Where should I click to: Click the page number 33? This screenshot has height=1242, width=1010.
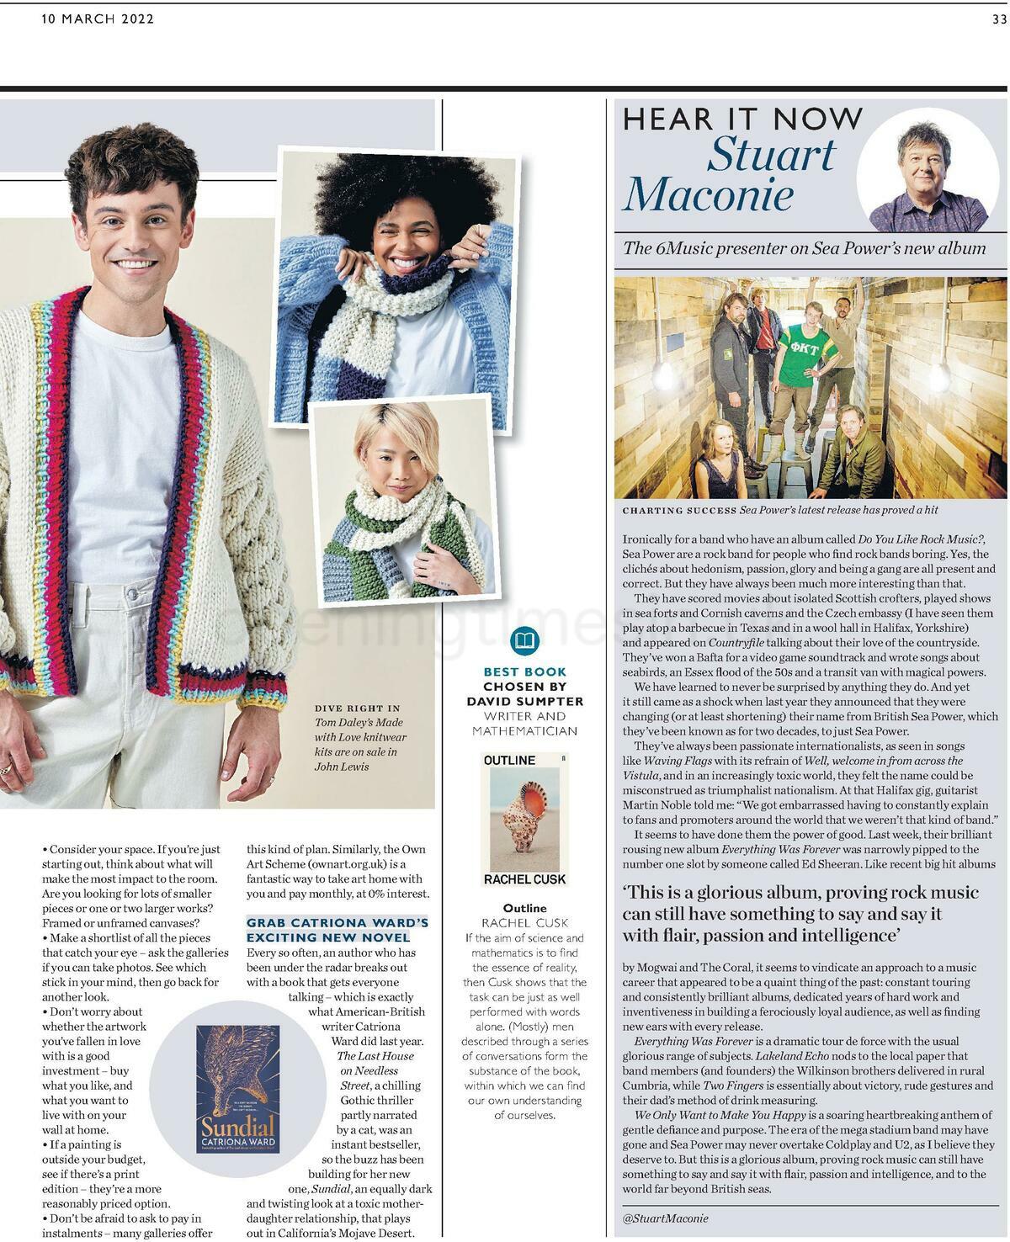[999, 20]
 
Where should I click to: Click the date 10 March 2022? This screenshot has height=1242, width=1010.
[98, 19]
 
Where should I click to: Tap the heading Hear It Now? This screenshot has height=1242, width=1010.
[743, 119]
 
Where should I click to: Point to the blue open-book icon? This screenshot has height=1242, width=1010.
[525, 640]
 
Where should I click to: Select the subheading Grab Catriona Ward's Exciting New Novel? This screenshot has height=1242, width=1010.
[337, 929]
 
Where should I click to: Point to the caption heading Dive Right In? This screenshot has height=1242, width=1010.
[358, 708]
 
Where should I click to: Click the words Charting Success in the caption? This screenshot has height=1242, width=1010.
[678, 510]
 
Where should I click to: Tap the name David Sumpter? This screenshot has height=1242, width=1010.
[525, 700]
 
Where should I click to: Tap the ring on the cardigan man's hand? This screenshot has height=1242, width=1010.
[7, 768]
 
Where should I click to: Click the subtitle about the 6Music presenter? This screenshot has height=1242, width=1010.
[804, 247]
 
